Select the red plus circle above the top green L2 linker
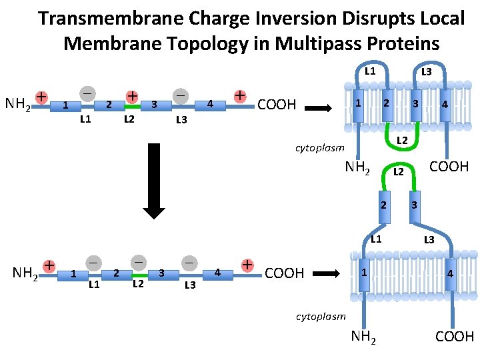pyautogui.click(x=133, y=96)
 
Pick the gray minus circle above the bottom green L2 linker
pyautogui.click(x=139, y=263)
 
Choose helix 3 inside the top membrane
pyautogui.click(x=415, y=104)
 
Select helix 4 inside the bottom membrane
pyautogui.click(x=451, y=273)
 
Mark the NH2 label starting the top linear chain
pyautogui.click(x=17, y=104)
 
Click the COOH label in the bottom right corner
pyautogui.click(x=455, y=337)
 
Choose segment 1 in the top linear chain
pyautogui.click(x=64, y=105)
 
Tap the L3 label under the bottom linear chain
pyautogui.click(x=189, y=285)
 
